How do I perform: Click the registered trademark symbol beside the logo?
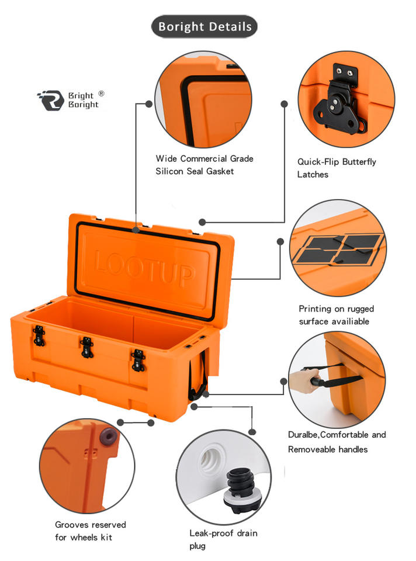[101, 93]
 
